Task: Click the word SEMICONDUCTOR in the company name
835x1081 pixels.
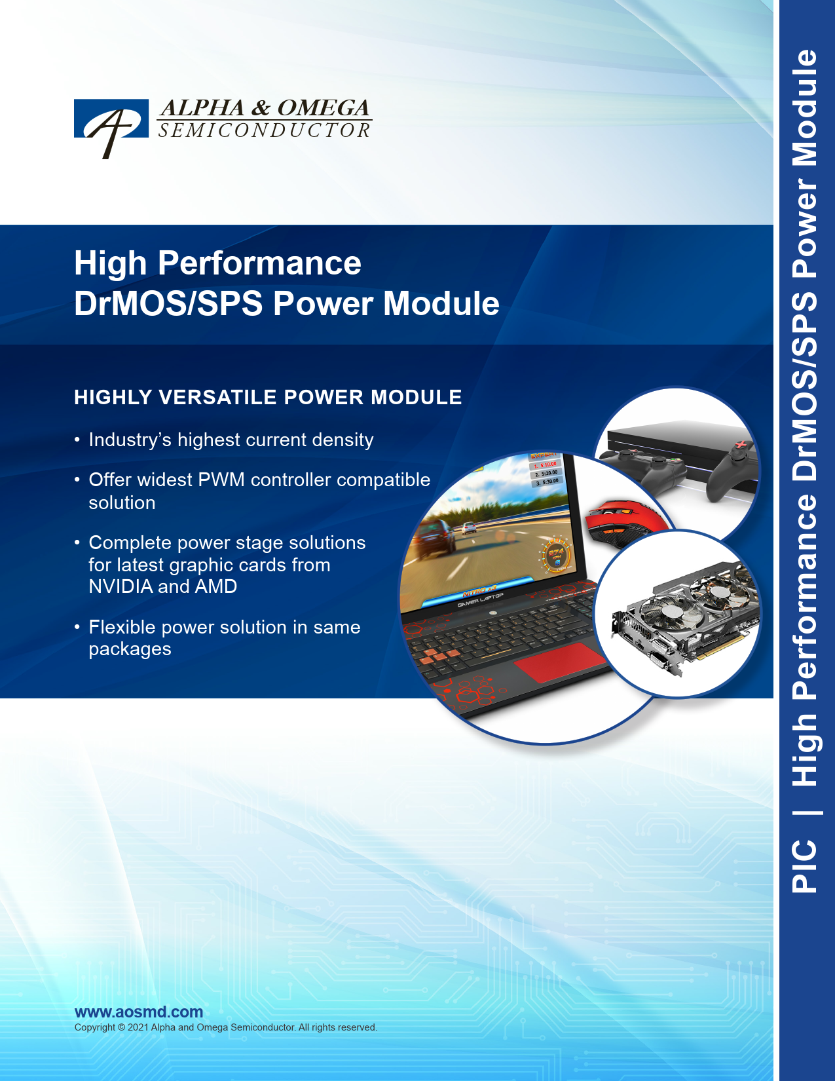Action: click(x=264, y=130)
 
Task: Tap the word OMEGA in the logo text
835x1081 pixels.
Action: click(x=323, y=107)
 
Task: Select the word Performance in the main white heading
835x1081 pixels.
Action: click(x=259, y=263)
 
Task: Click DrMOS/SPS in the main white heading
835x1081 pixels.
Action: click(x=168, y=303)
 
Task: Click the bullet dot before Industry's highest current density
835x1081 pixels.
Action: click(x=77, y=440)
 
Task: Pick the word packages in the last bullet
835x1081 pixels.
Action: click(x=130, y=650)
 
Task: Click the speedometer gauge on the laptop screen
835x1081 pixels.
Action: click(x=556, y=554)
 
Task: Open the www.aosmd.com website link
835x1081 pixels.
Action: click(x=139, y=1012)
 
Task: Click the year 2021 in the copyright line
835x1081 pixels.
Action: click(x=138, y=1027)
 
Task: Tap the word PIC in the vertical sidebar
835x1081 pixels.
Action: click(x=804, y=866)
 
